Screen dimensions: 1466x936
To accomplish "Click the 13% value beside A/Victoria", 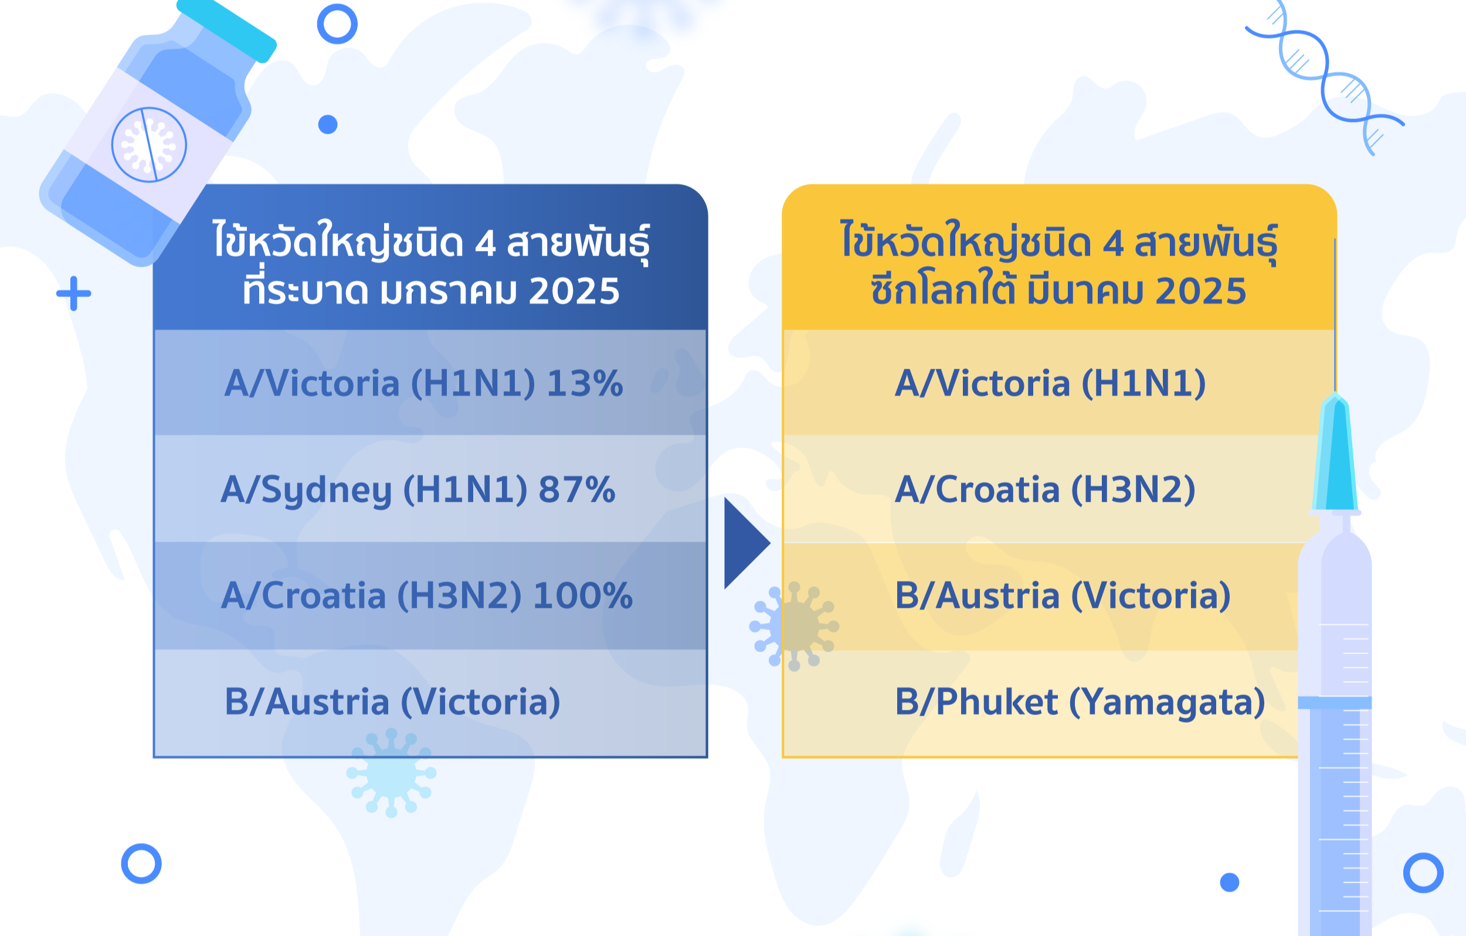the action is pyautogui.click(x=585, y=383).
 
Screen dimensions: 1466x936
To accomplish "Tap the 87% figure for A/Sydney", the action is pyautogui.click(x=576, y=489).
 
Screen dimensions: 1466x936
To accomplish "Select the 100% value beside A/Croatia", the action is pyautogui.click(x=583, y=595).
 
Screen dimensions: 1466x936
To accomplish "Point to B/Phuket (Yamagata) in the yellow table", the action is pyautogui.click(x=1080, y=702).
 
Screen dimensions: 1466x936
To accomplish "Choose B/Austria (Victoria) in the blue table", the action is pyautogui.click(x=393, y=702).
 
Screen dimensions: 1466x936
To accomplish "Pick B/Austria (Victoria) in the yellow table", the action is pyautogui.click(x=1063, y=596).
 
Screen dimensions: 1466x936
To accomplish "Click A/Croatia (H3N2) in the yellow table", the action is pyautogui.click(x=1046, y=490).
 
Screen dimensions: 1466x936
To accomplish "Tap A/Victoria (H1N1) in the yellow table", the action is pyautogui.click(x=1050, y=384).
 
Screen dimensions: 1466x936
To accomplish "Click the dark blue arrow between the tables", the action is pyautogui.click(x=744, y=543).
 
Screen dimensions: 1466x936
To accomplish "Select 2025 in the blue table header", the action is pyautogui.click(x=574, y=291).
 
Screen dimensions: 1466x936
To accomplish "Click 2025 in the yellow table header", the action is pyautogui.click(x=1200, y=291).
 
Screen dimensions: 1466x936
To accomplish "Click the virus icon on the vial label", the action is pyautogui.click(x=149, y=145).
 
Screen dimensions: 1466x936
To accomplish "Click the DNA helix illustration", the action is pyautogui.click(x=1325, y=77).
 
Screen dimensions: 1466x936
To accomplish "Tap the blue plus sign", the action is pyautogui.click(x=74, y=293).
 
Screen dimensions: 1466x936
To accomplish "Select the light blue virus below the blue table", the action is pyautogui.click(x=392, y=773).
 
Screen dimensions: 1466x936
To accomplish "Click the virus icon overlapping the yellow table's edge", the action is pyautogui.click(x=794, y=626).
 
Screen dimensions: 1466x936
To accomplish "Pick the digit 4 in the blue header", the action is pyautogui.click(x=485, y=243).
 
